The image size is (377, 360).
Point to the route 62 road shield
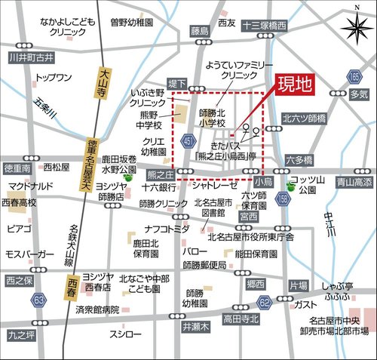tap(264, 302)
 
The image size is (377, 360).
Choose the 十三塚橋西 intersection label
tap(265, 26)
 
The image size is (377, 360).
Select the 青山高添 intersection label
tap(354, 181)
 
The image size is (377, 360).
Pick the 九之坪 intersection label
tap(21, 332)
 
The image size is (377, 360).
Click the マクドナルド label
tap(31, 186)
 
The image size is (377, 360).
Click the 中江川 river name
tap(329, 226)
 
